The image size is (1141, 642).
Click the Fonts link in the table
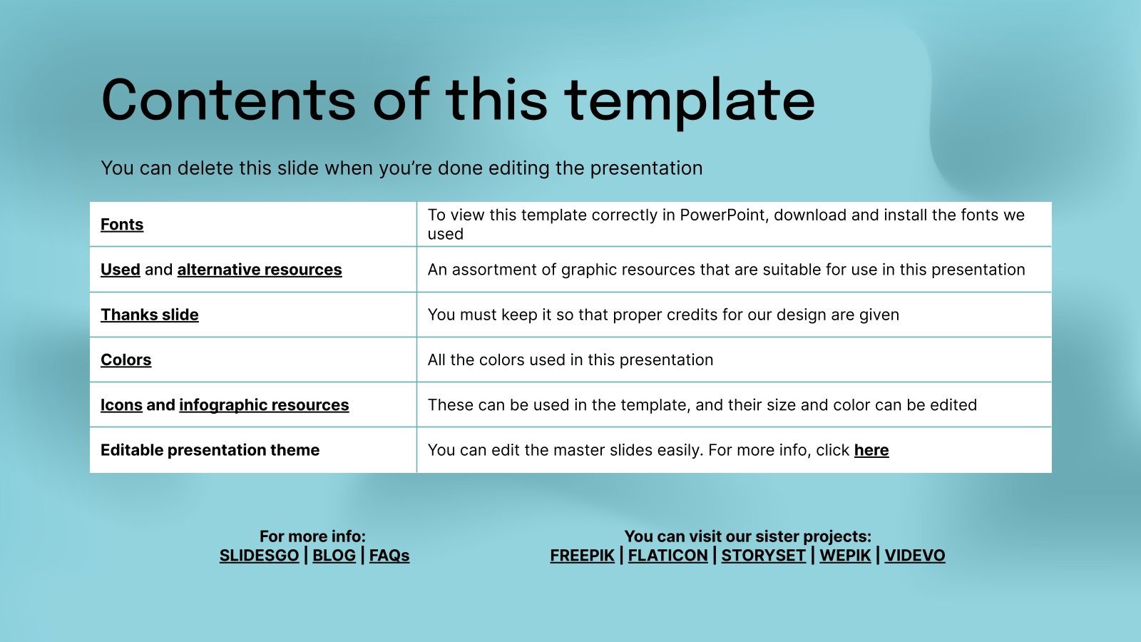(x=122, y=225)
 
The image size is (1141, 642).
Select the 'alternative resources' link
(x=260, y=270)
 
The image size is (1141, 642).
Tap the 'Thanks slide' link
(x=150, y=315)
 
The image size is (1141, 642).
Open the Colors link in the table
(x=126, y=360)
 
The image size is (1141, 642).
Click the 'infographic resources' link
(x=264, y=405)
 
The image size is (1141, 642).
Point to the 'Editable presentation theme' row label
(x=210, y=450)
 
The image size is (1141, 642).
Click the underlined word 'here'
(x=871, y=450)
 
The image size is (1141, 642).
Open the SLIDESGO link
(x=259, y=556)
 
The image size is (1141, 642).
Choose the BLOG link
(x=334, y=556)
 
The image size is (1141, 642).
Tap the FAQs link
(x=389, y=556)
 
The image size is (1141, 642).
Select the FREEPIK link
(x=582, y=556)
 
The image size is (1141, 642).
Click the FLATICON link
(x=667, y=556)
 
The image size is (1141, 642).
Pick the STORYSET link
(x=763, y=556)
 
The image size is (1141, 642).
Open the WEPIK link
(x=845, y=556)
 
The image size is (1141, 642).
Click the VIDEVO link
(x=915, y=556)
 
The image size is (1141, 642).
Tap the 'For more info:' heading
(x=312, y=536)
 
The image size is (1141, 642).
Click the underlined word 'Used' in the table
(x=121, y=270)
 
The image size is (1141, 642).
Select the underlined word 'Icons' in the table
(x=121, y=405)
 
